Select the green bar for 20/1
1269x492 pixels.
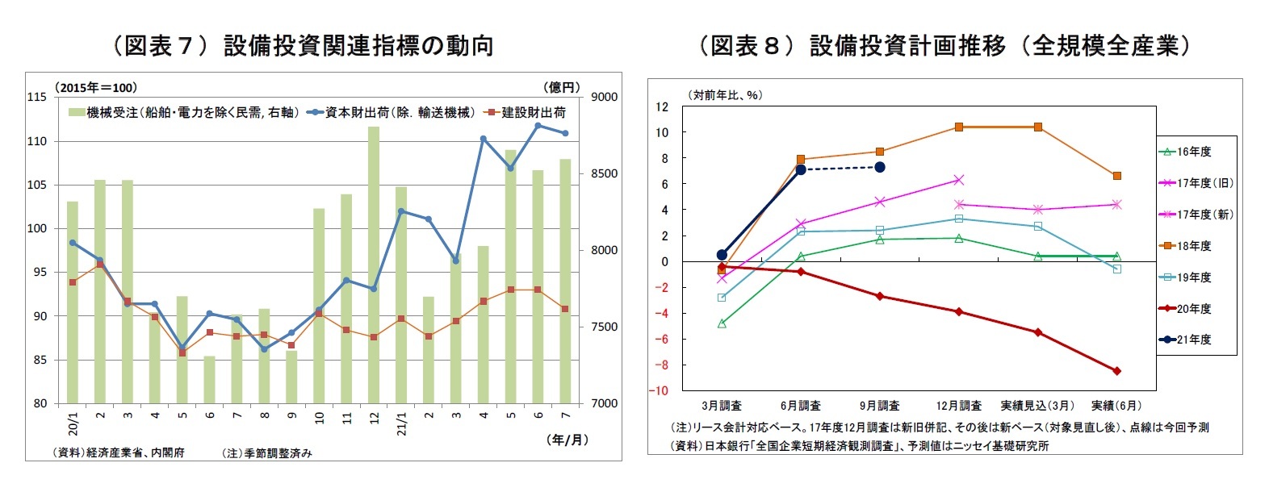(x=73, y=302)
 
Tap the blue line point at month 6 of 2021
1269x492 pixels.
(x=538, y=126)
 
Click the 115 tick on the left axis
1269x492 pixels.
(x=37, y=97)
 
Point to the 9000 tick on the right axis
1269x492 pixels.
(x=604, y=97)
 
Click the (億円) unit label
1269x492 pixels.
(x=562, y=87)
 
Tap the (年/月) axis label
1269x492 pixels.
(x=567, y=440)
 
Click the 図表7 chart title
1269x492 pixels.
(x=300, y=46)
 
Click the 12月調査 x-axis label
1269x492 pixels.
(x=958, y=406)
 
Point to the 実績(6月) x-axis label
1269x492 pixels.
(x=1116, y=406)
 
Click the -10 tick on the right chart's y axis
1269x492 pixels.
(x=661, y=390)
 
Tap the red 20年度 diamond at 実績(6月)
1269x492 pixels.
(x=1117, y=371)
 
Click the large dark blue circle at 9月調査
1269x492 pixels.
(x=880, y=167)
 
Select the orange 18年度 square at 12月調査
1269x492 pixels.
(x=959, y=127)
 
